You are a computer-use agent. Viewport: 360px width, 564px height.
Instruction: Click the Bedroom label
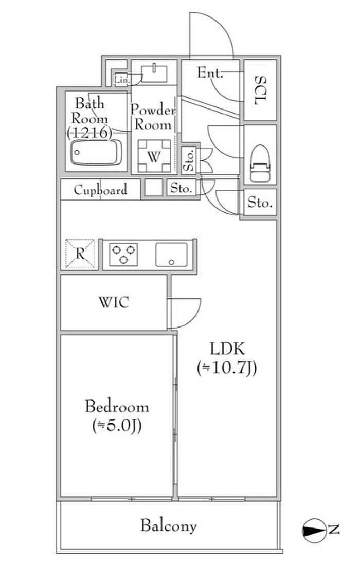117,407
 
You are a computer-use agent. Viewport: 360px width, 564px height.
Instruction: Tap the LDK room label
226,350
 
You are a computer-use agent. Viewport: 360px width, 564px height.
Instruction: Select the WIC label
114,302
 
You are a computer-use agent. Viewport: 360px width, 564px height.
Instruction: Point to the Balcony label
169,526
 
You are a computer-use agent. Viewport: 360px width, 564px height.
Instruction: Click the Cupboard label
100,190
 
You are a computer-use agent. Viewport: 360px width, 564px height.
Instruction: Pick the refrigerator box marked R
81,253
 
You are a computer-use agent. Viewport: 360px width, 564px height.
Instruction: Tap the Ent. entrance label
210,74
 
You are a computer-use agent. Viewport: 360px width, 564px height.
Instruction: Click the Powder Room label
153,117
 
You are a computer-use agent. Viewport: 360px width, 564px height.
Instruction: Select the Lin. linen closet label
121,80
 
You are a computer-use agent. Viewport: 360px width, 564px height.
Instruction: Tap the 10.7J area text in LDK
226,368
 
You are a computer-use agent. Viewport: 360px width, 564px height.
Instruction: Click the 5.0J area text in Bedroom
117,426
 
